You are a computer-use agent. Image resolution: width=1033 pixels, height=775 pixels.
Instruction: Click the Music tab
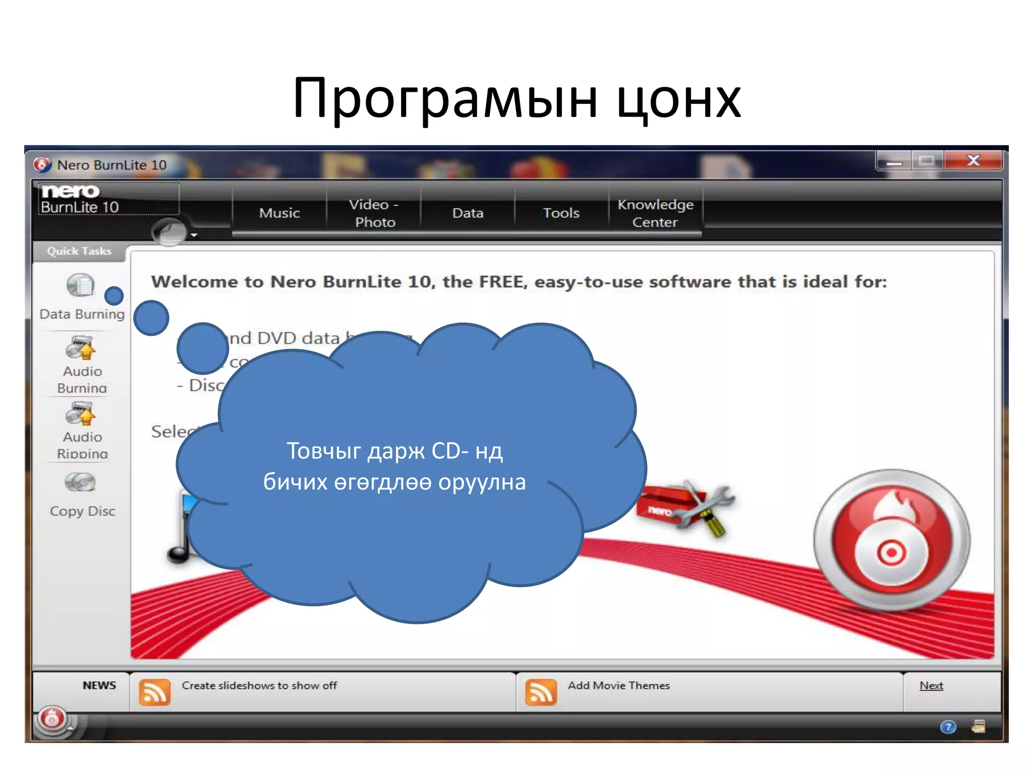(279, 213)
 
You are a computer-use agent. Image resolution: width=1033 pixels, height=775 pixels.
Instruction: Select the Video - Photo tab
(374, 213)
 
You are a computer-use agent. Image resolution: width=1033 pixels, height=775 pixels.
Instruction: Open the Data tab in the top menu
(468, 213)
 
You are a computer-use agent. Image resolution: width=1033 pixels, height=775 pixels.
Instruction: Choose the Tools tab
(561, 213)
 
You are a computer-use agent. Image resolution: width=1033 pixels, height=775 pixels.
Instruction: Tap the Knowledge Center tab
(655, 213)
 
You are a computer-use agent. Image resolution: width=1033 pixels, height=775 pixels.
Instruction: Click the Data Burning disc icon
(81, 286)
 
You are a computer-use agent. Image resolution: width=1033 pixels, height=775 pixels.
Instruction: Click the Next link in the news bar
(931, 686)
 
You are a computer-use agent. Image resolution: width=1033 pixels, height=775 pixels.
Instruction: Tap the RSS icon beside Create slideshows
(154, 692)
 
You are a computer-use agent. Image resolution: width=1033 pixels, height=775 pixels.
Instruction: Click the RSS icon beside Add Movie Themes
(541, 692)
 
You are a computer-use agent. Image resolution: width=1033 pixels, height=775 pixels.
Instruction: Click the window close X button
(973, 161)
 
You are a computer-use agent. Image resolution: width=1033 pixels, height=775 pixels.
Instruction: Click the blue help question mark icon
(948, 727)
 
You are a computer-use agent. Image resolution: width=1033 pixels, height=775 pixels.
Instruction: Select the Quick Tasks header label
(79, 251)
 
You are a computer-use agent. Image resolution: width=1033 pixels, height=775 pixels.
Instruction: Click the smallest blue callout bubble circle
(114, 296)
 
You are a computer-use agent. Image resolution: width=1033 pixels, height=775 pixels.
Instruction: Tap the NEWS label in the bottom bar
(99, 685)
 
